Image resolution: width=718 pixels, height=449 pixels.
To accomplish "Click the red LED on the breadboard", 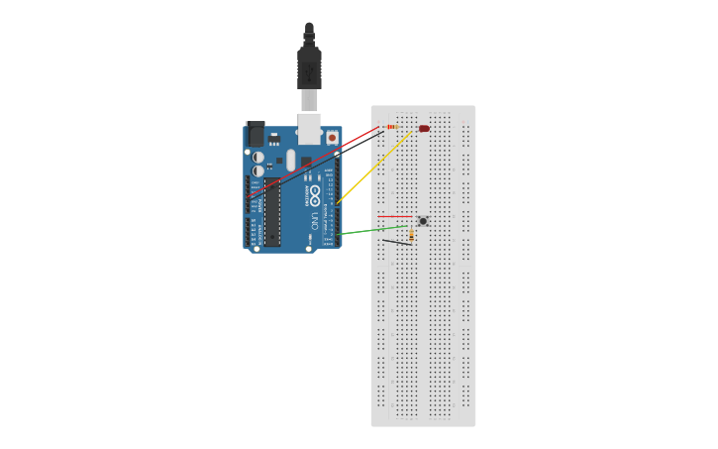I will point(424,128).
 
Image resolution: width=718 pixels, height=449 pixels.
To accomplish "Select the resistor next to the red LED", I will point(391,127).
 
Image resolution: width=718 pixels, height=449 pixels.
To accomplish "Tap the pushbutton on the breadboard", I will point(423,221).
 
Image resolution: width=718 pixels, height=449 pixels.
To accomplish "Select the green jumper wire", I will point(371,230).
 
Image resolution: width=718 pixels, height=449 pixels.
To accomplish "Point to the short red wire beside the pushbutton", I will point(395,216).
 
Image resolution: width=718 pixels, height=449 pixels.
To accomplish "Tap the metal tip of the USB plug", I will point(310,99).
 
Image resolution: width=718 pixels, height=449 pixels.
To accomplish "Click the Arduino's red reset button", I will point(331,137).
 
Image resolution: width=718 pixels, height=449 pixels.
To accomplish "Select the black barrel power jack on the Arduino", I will point(255,135).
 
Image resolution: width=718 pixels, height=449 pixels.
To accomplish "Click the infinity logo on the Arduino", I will point(316,191).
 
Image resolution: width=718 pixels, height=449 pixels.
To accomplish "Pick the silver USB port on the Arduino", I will point(309,127).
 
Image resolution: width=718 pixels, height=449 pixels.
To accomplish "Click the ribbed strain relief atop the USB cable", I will point(309,35).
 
